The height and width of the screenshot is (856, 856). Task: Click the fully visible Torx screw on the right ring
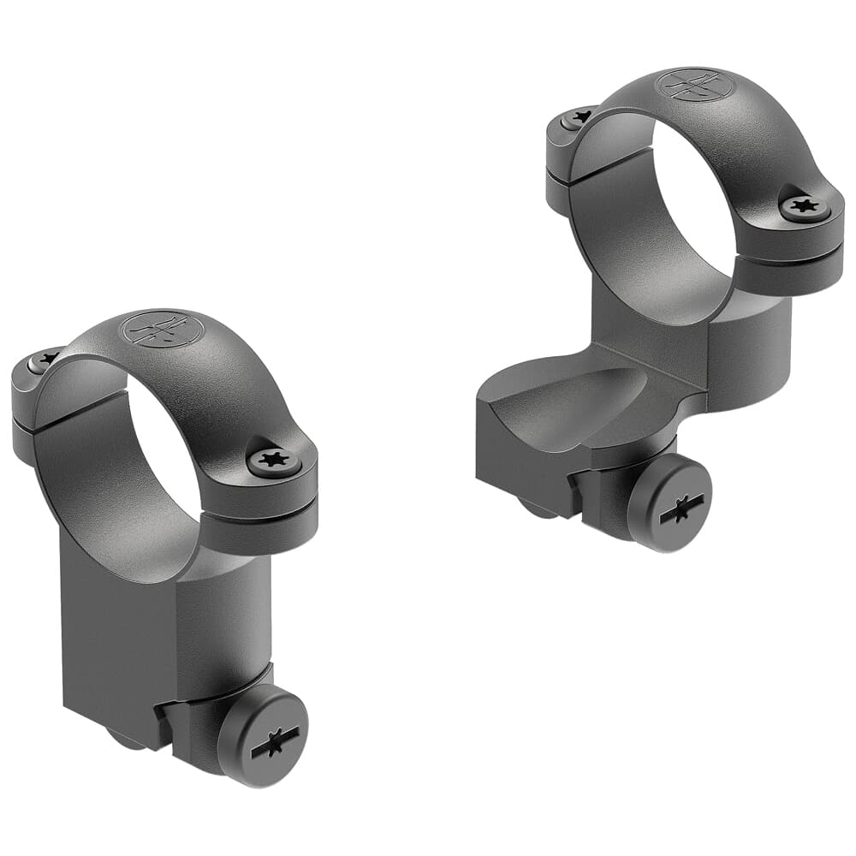805,206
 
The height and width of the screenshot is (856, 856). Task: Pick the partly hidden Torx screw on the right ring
577,117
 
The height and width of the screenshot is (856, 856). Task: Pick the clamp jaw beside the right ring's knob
599,488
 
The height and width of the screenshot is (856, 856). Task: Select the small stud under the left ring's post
128,740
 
